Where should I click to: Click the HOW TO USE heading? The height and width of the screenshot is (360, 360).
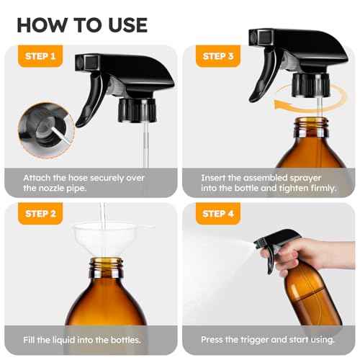click(81, 24)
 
